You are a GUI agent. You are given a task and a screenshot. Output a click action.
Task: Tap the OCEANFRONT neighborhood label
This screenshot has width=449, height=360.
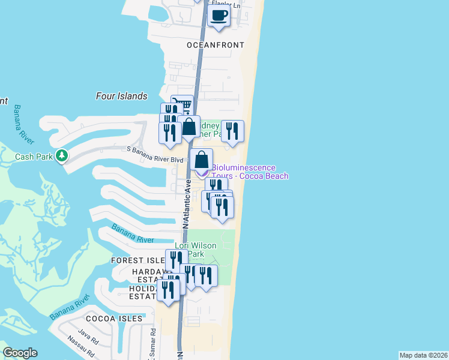tap(215, 45)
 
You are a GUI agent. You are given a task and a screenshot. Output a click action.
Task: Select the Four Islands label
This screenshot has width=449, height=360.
tap(121, 96)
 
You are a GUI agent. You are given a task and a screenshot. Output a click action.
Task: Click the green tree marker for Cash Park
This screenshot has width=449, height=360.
tap(61, 156)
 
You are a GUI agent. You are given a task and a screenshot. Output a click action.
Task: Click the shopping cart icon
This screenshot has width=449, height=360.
tap(183, 105)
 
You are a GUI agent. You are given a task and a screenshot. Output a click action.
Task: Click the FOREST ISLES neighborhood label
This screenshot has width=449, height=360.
tap(137, 260)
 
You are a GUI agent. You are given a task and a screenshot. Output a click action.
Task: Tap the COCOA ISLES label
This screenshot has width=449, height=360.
tap(114, 319)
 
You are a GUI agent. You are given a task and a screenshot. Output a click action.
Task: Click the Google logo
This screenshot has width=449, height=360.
tap(20, 353)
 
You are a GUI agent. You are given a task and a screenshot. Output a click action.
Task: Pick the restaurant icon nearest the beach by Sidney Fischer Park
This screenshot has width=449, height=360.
tap(232, 131)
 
